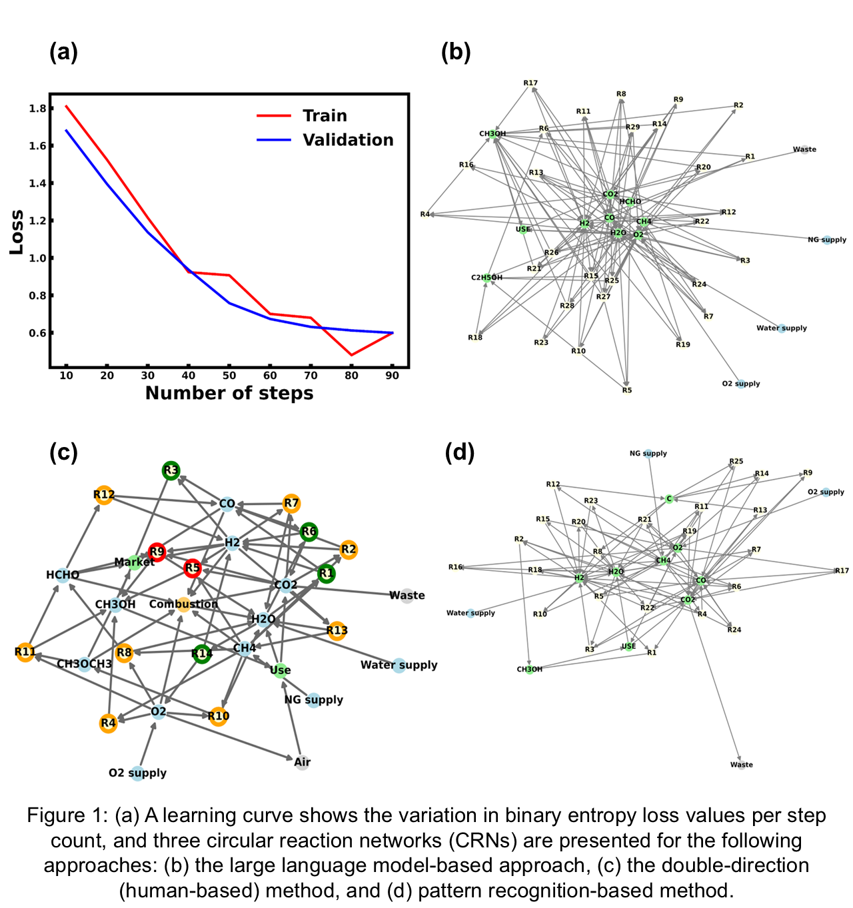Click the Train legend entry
[325, 116]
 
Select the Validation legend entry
[347, 140]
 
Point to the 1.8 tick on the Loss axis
[38, 109]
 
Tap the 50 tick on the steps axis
[229, 376]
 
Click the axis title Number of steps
[229, 393]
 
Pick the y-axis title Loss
[17, 232]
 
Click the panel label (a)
[63, 52]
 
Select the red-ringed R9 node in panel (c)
[157, 552]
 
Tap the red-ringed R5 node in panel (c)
[193, 568]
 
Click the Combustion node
[183, 604]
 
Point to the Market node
[134, 562]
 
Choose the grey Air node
[303, 762]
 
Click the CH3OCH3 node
[85, 664]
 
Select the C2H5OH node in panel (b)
[487, 278]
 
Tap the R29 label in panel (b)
[632, 127]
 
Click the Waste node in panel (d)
[741, 765]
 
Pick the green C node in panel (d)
[669, 498]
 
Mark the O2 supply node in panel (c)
[137, 773]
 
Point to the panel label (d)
[459, 453]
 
